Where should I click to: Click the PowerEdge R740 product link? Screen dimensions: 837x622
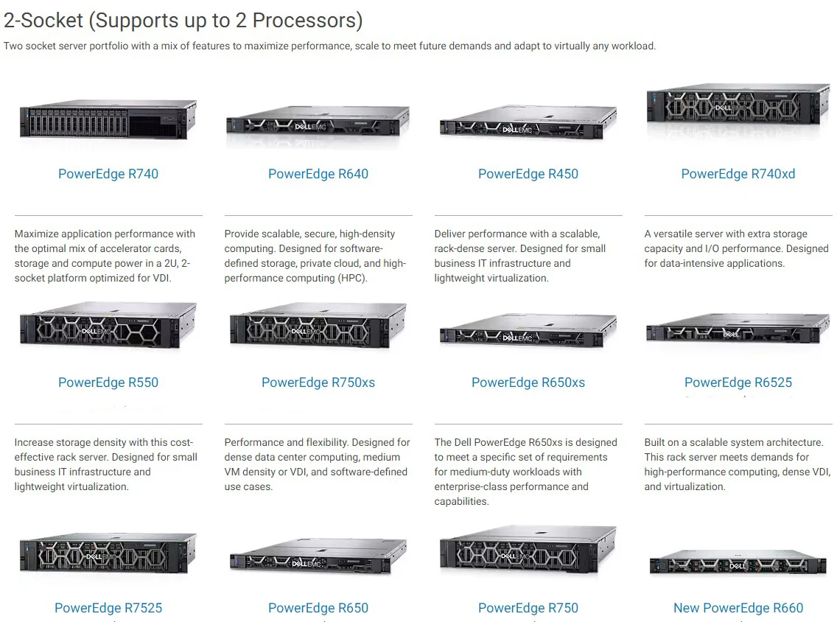(108, 175)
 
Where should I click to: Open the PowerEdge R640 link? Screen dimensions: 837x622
(318, 175)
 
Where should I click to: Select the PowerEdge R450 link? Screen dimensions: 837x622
(528, 175)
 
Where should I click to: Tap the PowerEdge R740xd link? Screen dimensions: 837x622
(738, 175)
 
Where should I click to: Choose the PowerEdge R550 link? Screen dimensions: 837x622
(108, 382)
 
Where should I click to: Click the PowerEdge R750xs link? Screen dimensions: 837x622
(318, 382)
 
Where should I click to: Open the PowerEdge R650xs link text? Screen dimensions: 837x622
(528, 382)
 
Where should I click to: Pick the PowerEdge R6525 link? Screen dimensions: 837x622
(738, 382)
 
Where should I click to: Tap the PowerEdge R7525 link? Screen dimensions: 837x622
(108, 608)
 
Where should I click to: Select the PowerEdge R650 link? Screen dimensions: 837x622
(318, 608)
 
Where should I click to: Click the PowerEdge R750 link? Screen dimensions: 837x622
(528, 608)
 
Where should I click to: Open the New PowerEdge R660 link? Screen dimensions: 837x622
(738, 608)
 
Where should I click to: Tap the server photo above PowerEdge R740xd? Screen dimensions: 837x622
(738, 111)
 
